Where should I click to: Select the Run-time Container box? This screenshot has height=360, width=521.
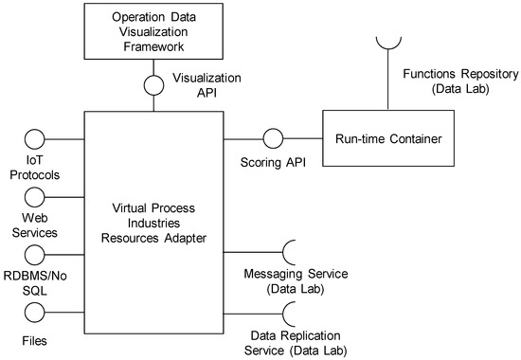(x=387, y=139)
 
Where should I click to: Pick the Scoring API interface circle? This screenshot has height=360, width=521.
(x=273, y=139)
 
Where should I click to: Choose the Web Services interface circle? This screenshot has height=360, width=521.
(x=33, y=196)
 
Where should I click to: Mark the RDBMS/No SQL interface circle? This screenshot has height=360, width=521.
(x=33, y=254)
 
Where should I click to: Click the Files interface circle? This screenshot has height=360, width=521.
(x=33, y=311)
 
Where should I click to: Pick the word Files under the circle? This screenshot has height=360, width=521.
(x=34, y=338)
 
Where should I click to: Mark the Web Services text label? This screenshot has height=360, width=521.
(x=34, y=225)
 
